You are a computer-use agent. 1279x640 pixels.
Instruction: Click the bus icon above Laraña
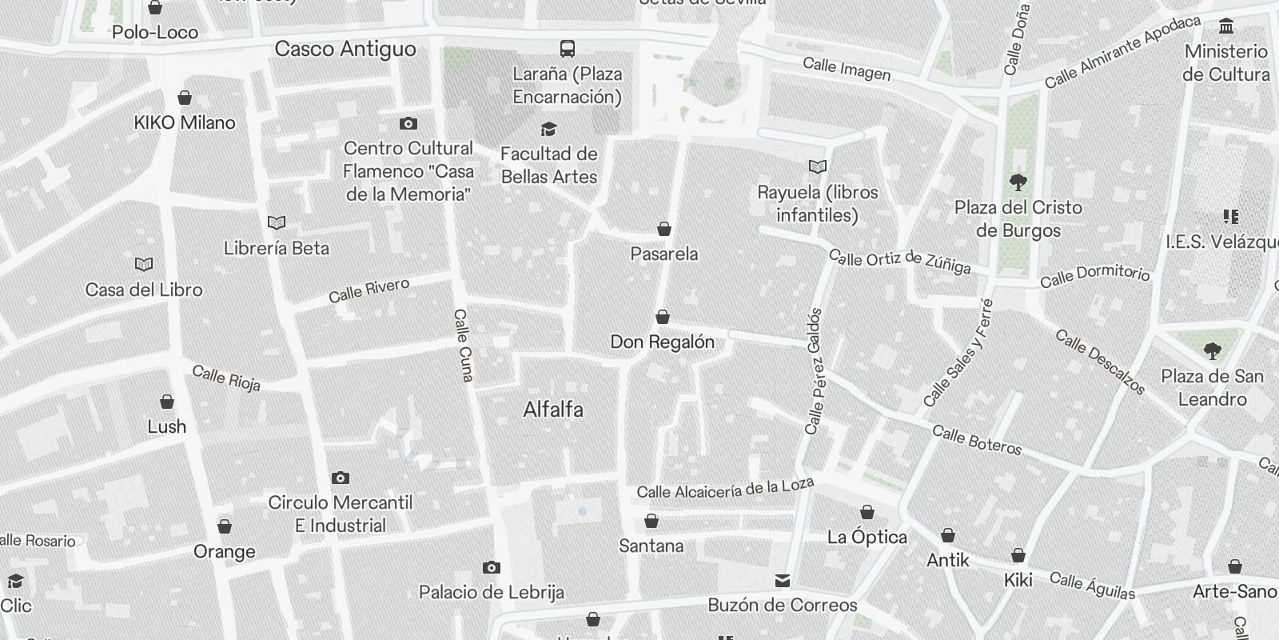tap(568, 49)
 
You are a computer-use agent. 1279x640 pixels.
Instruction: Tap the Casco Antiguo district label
tap(345, 49)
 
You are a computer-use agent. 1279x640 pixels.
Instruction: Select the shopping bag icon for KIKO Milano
tap(185, 98)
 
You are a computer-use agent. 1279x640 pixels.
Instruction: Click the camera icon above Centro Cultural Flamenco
tap(408, 124)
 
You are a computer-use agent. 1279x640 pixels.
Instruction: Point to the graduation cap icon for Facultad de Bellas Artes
tap(548, 130)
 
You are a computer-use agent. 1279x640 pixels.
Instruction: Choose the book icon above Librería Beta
tap(277, 223)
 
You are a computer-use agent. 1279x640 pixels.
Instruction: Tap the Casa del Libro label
tap(144, 290)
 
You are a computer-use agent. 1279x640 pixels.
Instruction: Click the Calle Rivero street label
tap(369, 290)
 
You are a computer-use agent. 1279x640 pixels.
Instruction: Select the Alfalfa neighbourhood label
tap(553, 410)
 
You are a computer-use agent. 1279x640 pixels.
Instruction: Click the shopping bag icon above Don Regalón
tap(663, 318)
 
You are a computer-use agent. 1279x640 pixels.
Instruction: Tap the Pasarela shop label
tap(664, 254)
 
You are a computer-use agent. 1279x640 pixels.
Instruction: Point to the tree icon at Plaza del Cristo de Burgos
tap(1018, 182)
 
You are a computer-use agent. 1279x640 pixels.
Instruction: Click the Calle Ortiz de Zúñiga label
tap(899, 261)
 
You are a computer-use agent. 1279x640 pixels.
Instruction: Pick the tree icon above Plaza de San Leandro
tap(1213, 350)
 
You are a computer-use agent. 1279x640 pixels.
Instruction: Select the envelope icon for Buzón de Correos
tap(783, 581)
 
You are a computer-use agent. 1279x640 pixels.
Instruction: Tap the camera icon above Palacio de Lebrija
tap(492, 568)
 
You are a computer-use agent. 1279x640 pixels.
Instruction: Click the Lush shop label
tap(167, 426)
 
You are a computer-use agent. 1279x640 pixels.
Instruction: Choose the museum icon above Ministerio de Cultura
tap(1226, 27)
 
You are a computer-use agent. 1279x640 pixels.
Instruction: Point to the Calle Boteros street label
tap(977, 440)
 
